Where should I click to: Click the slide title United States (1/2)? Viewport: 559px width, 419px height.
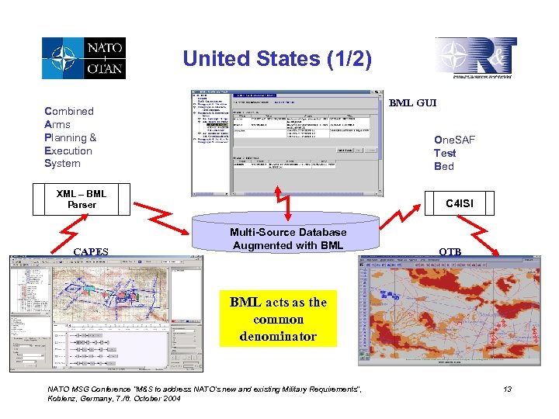click(x=276, y=59)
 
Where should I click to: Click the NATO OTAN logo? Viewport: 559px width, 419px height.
click(x=83, y=57)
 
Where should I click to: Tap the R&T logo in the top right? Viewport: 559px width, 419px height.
click(x=474, y=58)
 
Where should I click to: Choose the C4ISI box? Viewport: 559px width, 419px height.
click(x=459, y=203)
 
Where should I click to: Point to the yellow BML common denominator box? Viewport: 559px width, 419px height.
click(x=278, y=320)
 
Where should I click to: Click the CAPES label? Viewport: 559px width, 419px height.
click(x=90, y=251)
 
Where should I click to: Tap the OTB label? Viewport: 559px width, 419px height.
click(x=450, y=251)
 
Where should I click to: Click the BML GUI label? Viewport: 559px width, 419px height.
click(x=412, y=102)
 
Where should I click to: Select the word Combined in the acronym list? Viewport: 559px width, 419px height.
click(x=69, y=111)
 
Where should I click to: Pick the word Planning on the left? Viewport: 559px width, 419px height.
click(x=67, y=137)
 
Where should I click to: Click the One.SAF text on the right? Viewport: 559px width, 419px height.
click(x=455, y=140)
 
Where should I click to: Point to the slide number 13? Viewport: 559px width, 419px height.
click(x=507, y=389)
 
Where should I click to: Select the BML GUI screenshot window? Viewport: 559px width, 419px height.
click(x=287, y=143)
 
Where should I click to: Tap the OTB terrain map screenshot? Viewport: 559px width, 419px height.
click(x=450, y=310)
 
